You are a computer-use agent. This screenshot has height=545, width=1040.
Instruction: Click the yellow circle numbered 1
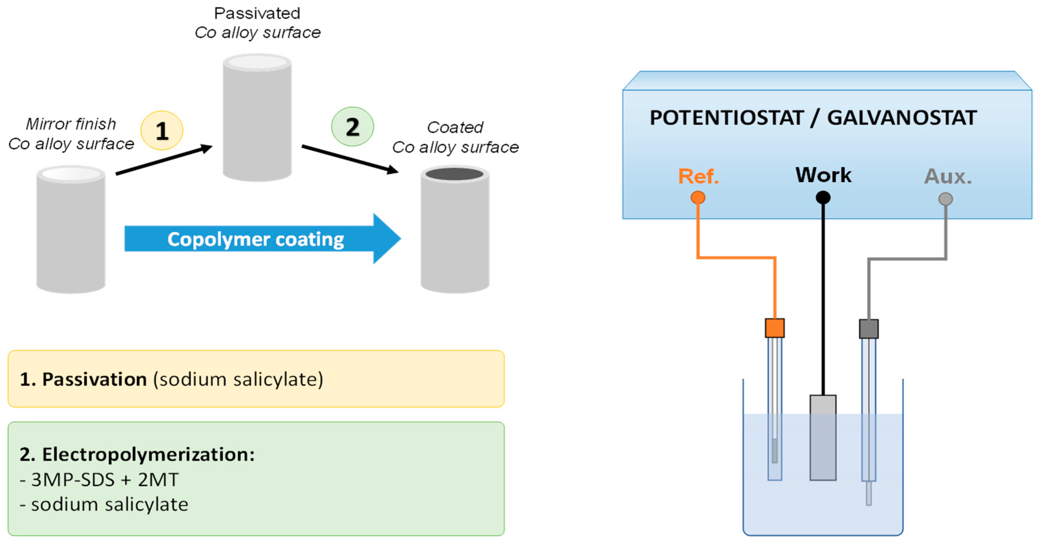point(162,130)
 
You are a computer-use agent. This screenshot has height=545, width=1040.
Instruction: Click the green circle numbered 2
point(352,127)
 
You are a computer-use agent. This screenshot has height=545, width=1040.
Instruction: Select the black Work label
point(823,175)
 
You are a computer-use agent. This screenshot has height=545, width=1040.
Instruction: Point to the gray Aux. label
point(947,177)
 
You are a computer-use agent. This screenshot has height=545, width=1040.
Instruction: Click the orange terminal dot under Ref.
point(698,198)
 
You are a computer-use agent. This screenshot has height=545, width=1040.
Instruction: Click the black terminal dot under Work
point(823,198)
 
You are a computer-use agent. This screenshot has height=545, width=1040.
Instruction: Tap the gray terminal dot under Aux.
point(945,199)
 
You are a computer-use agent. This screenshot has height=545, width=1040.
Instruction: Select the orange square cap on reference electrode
point(774,328)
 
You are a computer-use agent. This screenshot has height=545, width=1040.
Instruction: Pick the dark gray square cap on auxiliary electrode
point(869,329)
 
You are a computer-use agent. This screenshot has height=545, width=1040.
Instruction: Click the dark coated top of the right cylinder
point(455,174)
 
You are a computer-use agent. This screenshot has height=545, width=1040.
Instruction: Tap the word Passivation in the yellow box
point(94,379)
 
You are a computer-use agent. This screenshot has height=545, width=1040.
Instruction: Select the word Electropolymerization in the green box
point(148,455)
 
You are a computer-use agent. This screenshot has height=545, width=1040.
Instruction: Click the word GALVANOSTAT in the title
point(902,118)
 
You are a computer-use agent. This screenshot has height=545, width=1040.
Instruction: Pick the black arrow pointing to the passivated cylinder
point(164,160)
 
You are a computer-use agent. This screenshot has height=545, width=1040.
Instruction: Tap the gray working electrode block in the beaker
point(822,438)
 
